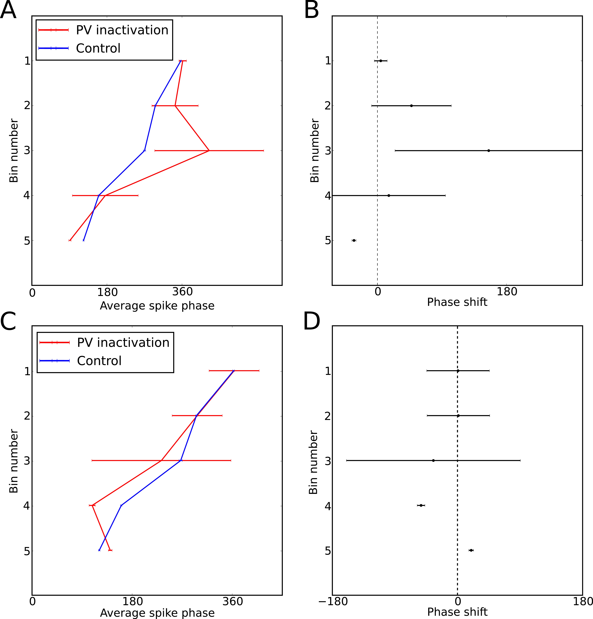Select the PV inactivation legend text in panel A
[x=122, y=30]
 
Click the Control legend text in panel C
[x=99, y=361]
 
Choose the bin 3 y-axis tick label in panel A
[x=27, y=151]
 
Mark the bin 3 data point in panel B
[x=489, y=151]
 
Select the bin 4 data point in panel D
[x=421, y=505]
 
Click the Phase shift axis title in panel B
[x=457, y=302]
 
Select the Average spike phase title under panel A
[x=157, y=306]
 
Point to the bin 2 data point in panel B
[x=411, y=106]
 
